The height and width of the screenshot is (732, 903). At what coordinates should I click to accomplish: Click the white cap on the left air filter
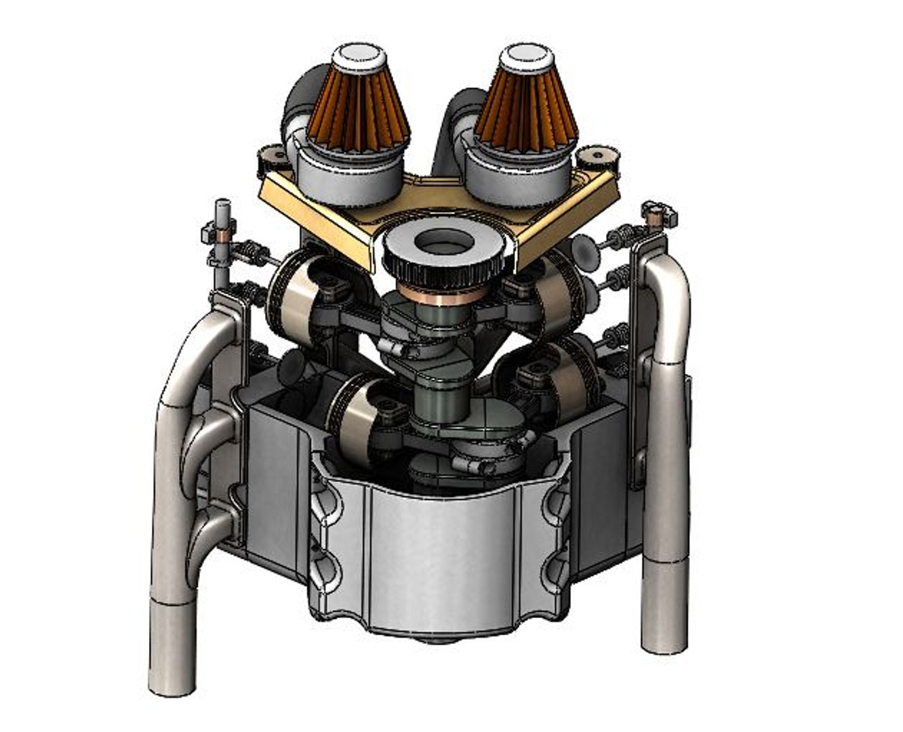coord(359,54)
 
